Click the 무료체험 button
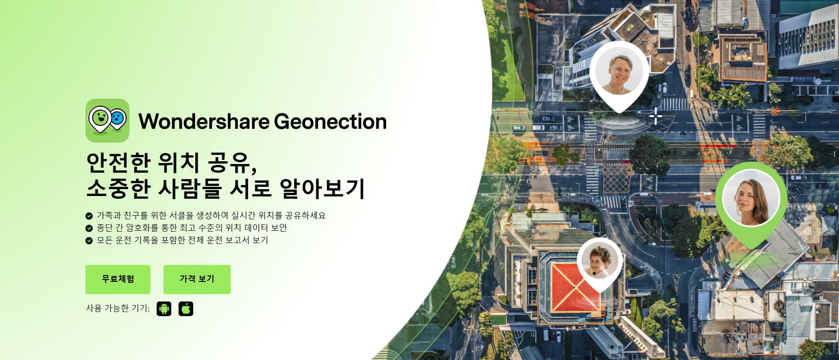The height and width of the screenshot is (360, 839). (118, 279)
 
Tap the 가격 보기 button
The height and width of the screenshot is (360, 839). (197, 279)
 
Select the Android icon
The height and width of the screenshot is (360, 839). (164, 309)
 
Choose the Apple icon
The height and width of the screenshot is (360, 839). (186, 309)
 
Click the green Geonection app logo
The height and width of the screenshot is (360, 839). (107, 121)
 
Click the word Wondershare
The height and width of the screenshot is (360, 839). (204, 122)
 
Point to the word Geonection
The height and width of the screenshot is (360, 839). (330, 122)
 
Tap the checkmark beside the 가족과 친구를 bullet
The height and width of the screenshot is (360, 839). (89, 216)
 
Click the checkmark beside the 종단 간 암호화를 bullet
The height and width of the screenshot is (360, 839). (89, 228)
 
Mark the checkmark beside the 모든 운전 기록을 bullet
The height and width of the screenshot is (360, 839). (89, 240)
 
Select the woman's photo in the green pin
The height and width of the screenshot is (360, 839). (750, 198)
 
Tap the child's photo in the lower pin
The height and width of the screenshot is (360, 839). (600, 260)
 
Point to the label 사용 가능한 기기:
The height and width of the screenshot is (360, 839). (118, 308)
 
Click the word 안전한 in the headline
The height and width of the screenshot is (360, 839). (118, 163)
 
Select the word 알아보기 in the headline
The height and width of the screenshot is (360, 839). (322, 188)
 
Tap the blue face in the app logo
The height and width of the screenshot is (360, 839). (118, 119)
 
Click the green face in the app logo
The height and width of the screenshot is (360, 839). (100, 118)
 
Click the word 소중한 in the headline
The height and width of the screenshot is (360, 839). (118, 188)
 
